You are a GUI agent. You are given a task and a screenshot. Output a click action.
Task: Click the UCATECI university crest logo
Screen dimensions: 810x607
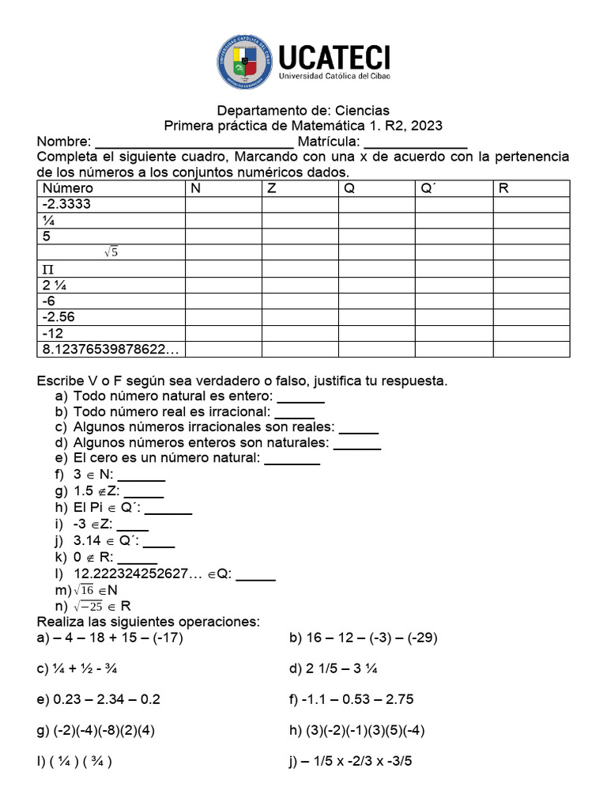pyautogui.click(x=245, y=60)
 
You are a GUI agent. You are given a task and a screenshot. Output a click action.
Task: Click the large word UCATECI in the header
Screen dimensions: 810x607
pyautogui.click(x=334, y=55)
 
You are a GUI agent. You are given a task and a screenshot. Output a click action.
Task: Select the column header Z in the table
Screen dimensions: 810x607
pyautogui.click(x=271, y=188)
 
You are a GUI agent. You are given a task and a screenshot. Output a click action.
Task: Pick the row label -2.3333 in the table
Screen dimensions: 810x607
pyautogui.click(x=66, y=204)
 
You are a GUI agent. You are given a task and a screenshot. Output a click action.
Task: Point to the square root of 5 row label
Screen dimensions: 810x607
pyautogui.click(x=111, y=252)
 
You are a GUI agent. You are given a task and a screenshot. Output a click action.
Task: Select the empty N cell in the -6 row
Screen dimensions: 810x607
pyautogui.click(x=223, y=301)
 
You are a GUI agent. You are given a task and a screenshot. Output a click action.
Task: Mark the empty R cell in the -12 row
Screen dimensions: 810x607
pyautogui.click(x=531, y=334)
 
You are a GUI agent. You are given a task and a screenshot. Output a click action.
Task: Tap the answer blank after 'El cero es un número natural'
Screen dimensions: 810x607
pyautogui.click(x=292, y=458)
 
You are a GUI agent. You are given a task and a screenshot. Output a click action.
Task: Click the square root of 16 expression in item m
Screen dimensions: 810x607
pyautogui.click(x=86, y=590)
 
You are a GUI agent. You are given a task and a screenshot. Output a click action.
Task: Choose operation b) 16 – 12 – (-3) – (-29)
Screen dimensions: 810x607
pyautogui.click(x=364, y=638)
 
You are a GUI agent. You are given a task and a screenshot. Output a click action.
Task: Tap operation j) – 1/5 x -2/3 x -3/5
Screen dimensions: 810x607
pyautogui.click(x=351, y=763)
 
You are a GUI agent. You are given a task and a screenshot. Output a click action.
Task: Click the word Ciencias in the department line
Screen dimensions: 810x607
pyautogui.click(x=362, y=110)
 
